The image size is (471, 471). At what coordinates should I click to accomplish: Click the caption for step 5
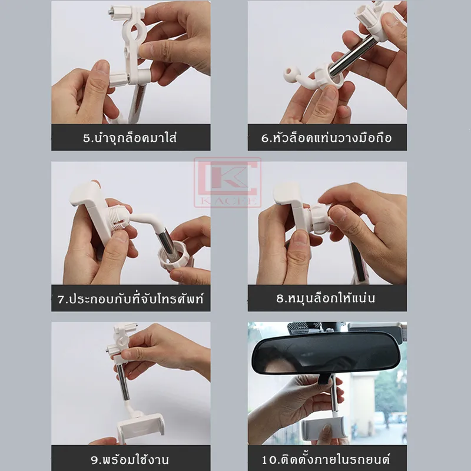[130, 138]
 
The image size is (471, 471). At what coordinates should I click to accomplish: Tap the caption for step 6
[327, 138]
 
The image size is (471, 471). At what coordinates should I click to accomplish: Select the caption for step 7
[131, 299]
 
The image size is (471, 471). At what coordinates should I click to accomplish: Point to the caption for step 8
[326, 298]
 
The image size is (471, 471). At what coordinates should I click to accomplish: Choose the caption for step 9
[130, 460]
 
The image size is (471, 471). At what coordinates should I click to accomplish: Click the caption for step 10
[326, 460]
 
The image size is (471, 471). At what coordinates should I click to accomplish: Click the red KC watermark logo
[227, 183]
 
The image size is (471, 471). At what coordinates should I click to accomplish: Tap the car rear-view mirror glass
[327, 354]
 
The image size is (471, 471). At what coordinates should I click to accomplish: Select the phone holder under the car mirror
[324, 430]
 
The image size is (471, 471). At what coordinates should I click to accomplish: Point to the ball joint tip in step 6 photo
[290, 72]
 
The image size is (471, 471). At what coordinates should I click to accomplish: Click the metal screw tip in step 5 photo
[110, 12]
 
